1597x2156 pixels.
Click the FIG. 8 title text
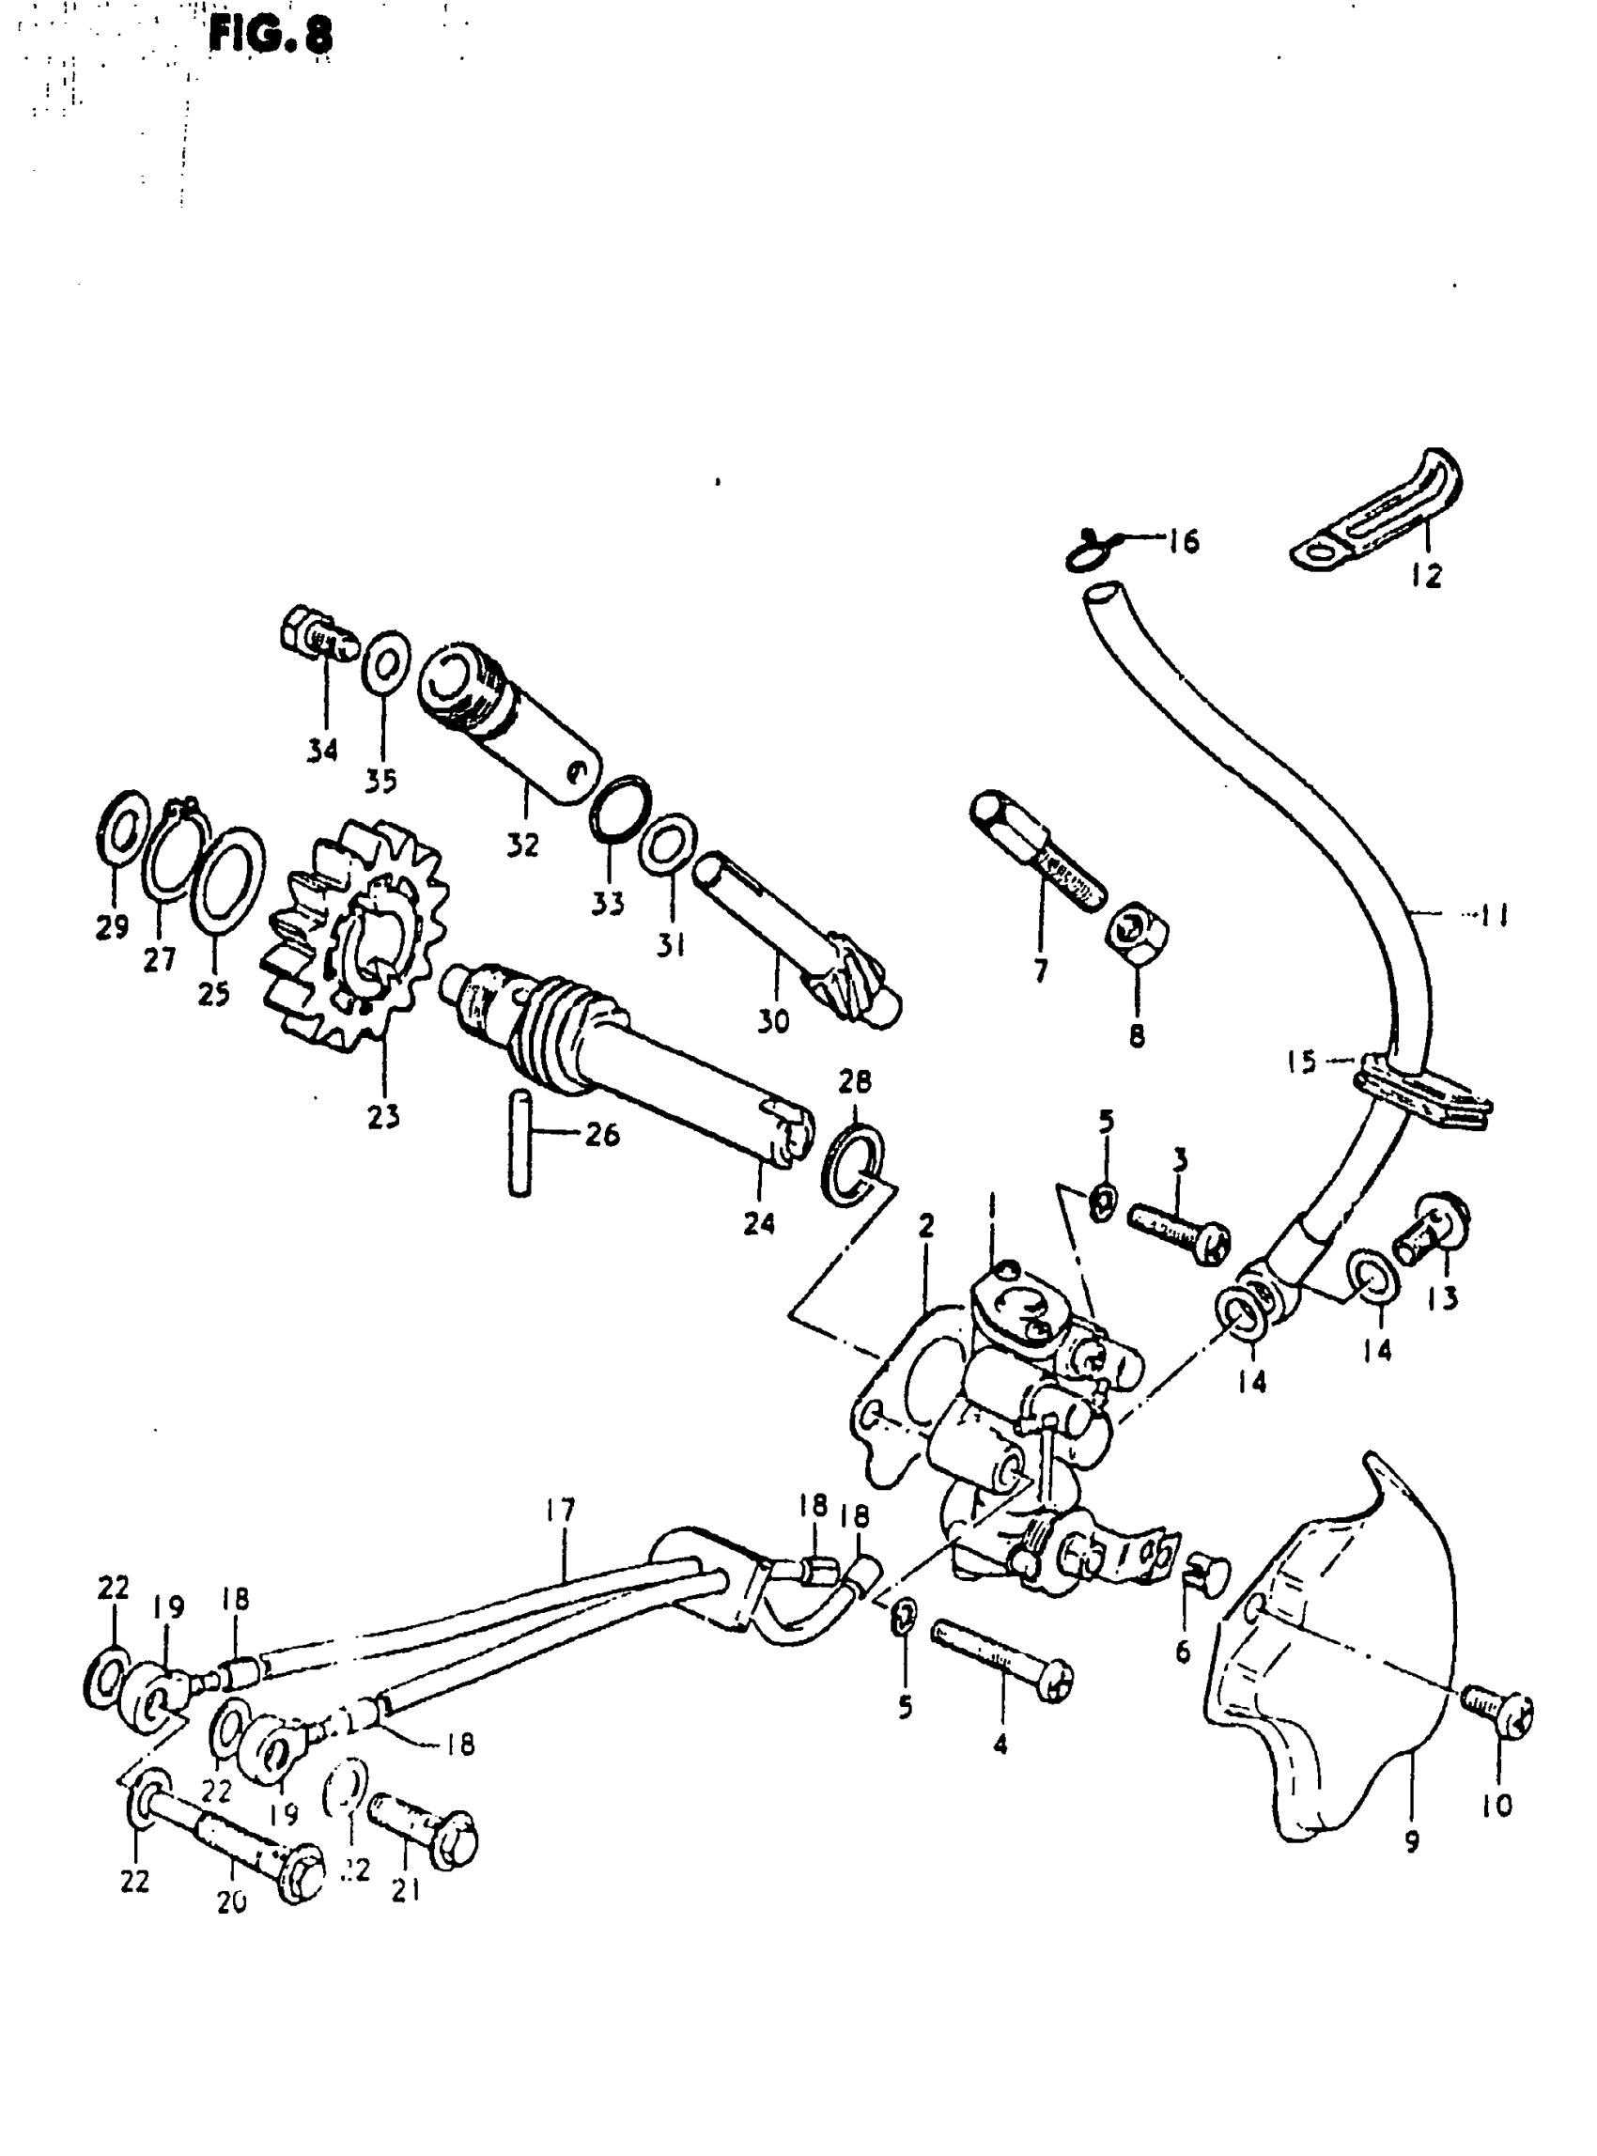(270, 36)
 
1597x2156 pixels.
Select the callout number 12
(1426, 576)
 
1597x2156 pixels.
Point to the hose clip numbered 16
(1091, 552)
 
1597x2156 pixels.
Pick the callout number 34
(323, 750)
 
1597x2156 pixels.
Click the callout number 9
(1411, 1843)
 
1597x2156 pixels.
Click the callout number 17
(560, 1511)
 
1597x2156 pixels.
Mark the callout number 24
(759, 1223)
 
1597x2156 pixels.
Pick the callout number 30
(772, 1021)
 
